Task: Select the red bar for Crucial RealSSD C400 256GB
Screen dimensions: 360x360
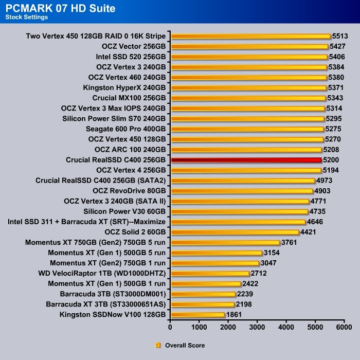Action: coord(246,160)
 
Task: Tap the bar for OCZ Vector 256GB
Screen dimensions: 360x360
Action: coord(249,46)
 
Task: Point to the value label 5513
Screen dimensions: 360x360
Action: coord(340,36)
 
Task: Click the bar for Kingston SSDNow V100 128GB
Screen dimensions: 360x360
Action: coord(198,314)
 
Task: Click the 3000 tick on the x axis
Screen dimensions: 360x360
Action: coord(257,326)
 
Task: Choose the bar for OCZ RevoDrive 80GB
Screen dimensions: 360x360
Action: coord(242,191)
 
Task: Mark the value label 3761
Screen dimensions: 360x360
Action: coord(290,242)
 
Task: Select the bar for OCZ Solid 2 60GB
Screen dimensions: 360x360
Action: coord(235,232)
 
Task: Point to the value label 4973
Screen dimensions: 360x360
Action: coord(325,181)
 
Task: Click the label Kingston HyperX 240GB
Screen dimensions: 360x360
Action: coord(124,87)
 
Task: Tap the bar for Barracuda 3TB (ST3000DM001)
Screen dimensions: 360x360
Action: coord(203,294)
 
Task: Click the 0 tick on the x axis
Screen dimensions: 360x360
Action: coord(171,326)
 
